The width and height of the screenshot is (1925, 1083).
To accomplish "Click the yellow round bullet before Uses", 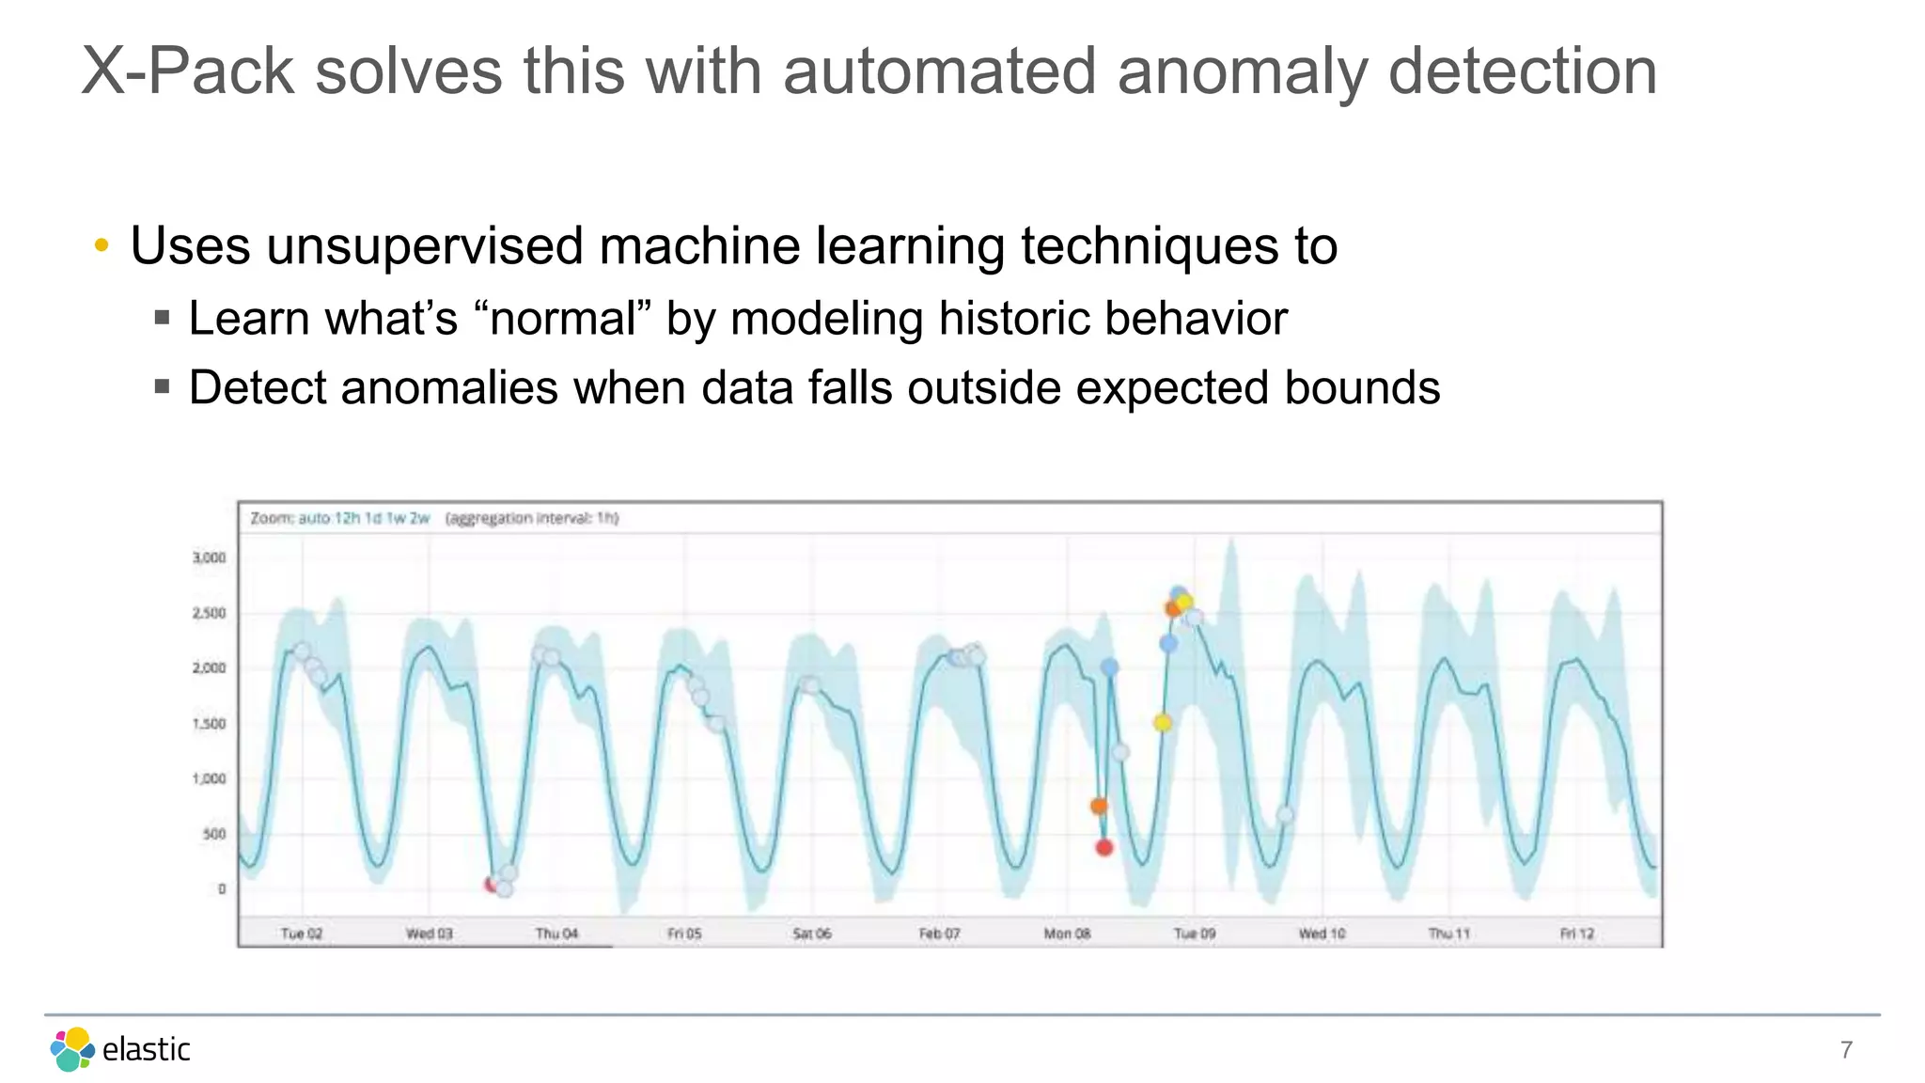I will pos(102,246).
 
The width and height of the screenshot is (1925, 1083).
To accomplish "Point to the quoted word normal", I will pos(563,318).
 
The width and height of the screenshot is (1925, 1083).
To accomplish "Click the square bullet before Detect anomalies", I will pos(162,386).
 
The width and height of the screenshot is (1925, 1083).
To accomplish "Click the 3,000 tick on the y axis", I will pos(209,557).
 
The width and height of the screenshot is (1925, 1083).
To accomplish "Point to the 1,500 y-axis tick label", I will pos(209,724).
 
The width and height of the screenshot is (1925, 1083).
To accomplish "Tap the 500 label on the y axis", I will pos(214,834).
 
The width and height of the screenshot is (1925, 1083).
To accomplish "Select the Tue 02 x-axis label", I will pos(301,934).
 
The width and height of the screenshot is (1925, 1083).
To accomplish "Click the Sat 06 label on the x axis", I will pos(812,934).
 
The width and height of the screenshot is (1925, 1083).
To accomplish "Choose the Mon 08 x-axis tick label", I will pos(1067,934).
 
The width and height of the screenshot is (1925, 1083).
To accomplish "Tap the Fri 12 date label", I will pos(1577,934).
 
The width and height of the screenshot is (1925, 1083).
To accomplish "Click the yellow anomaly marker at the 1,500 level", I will pos(1163,723).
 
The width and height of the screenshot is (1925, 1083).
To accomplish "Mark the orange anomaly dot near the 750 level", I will pos(1099,806).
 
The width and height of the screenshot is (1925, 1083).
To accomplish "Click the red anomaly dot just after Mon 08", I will pos(1104,847).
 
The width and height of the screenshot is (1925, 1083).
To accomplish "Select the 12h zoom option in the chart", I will pos(348,518).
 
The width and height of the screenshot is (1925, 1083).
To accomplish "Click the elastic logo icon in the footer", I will pos(72,1049).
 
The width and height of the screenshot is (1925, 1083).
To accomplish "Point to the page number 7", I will pos(1846,1050).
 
